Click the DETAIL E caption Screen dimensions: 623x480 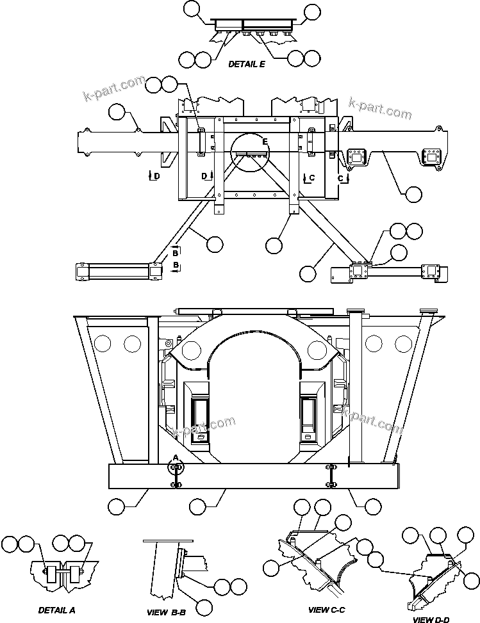(x=247, y=64)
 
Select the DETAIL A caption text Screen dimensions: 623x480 (x=56, y=610)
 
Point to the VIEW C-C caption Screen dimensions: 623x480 (x=326, y=610)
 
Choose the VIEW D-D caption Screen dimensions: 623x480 (x=431, y=620)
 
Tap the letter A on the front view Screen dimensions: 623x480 (x=175, y=458)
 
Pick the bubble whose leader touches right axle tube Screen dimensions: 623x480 (x=413, y=193)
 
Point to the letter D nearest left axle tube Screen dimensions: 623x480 (x=156, y=175)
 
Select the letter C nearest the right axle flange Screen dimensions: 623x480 (x=342, y=177)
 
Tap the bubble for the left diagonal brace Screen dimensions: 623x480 (x=214, y=244)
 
